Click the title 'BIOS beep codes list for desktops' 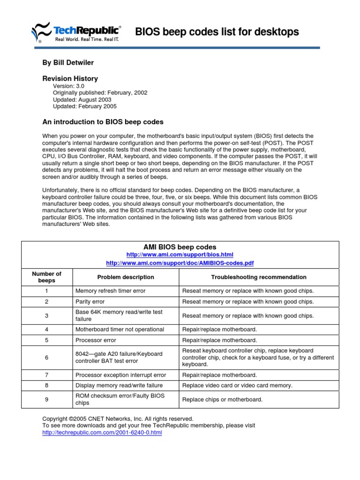(x=217, y=32)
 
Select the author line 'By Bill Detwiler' (x=68, y=63)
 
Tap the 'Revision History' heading (x=70, y=79)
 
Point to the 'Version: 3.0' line (x=68, y=86)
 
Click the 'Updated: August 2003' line (x=82, y=99)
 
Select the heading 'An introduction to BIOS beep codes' (x=103, y=122)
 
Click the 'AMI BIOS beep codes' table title (x=180, y=247)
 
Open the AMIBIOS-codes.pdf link (x=180, y=263)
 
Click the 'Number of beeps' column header (x=46, y=277)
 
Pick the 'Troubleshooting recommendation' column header (x=258, y=277)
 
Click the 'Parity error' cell (x=90, y=302)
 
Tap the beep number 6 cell (x=46, y=358)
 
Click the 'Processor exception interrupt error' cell (x=121, y=375)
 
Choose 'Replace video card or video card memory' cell (x=237, y=385)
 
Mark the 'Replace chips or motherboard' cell (x=222, y=400)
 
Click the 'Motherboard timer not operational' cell (x=120, y=330)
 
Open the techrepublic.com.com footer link (x=102, y=433)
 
